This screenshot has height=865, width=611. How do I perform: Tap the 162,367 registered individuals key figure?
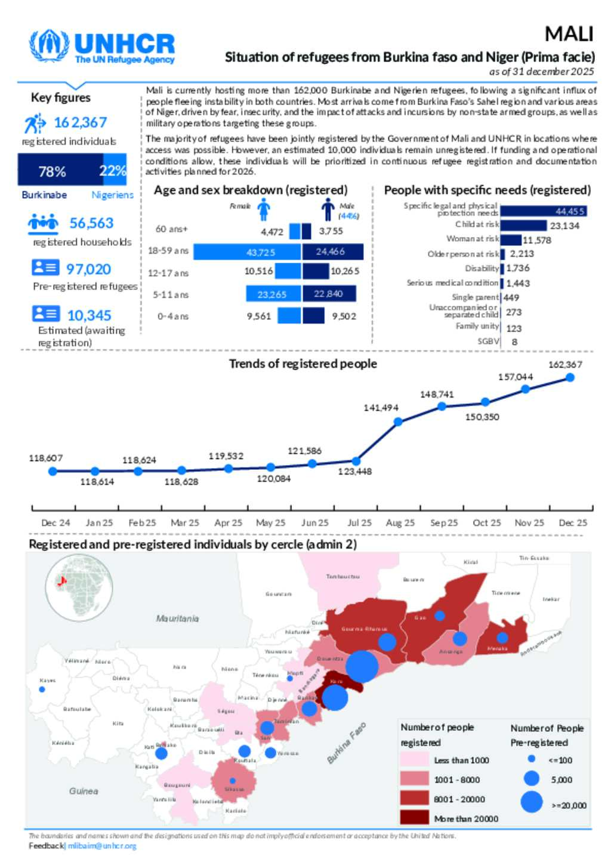pos(80,122)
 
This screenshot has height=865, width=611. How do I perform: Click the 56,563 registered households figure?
pos(91,223)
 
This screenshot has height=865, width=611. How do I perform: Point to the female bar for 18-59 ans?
pos(247,252)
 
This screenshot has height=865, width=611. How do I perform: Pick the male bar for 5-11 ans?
pos(329,294)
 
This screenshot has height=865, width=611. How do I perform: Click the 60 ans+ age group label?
pos(171,229)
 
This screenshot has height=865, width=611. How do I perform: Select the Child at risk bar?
pos(523,225)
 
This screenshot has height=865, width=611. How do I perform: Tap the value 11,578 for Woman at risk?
pos(536,240)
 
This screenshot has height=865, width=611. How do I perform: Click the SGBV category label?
pos(488,341)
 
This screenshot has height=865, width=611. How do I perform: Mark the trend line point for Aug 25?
pos(398,421)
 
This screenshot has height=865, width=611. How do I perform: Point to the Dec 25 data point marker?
pos(570,377)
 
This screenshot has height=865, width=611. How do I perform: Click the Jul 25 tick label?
pos(359,522)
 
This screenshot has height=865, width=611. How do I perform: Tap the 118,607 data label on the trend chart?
pos(46,458)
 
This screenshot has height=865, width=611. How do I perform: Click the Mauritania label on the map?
pos(177,618)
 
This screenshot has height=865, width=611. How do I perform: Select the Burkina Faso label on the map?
pos(346,743)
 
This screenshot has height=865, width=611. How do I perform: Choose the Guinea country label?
pos(84,791)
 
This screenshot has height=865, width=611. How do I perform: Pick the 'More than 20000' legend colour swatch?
pos(414,817)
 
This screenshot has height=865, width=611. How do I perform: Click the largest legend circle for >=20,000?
pos(532,802)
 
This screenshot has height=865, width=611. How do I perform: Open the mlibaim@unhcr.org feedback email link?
pos(102,846)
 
